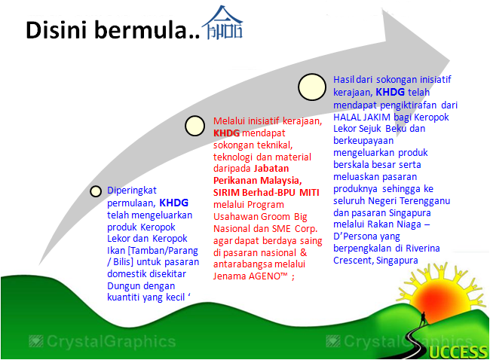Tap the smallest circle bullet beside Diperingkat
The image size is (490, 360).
pos(96,191)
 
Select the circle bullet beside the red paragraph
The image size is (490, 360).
pos(194,127)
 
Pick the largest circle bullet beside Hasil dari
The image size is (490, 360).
pos(311,87)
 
